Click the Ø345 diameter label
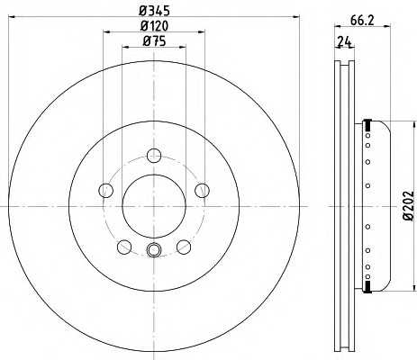pos(154,11)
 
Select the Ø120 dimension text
pos(154,26)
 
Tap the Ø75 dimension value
pos(154,41)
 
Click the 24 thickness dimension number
pos(344,42)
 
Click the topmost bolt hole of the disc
pos(154,155)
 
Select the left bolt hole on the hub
pos(105,190)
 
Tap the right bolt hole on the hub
pos(202,190)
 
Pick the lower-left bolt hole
pos(124,247)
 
